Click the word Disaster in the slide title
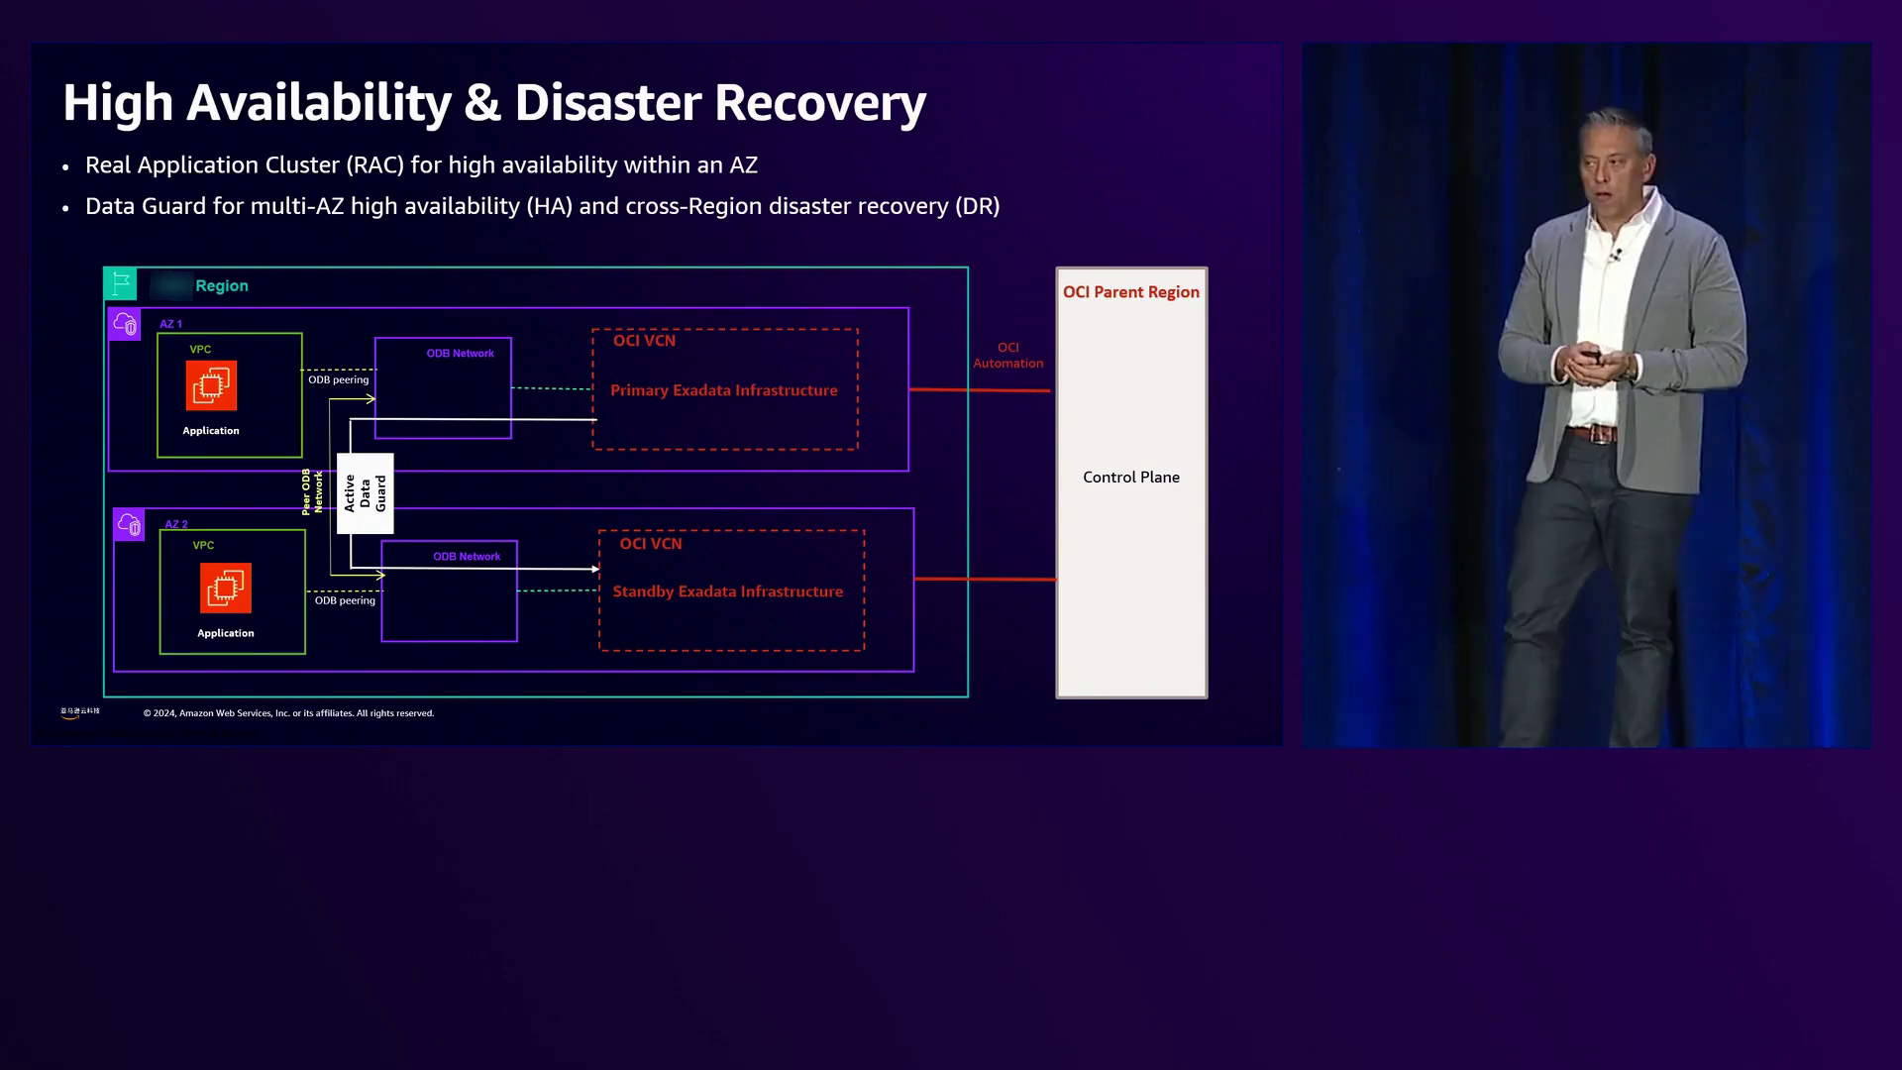tap(607, 102)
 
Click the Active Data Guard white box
tap(365, 493)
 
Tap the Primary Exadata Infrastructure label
tap(724, 390)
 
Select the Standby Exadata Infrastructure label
tap(728, 591)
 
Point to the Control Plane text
tap(1131, 478)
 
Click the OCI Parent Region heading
tap(1131, 292)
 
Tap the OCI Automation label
tap(1008, 356)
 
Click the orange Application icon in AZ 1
tap(211, 385)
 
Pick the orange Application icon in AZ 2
tap(226, 588)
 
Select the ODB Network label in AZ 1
tap(460, 354)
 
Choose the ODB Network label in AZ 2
tap(467, 557)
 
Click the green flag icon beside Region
tap(121, 284)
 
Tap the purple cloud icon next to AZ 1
tap(125, 324)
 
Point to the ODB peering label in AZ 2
tap(345, 600)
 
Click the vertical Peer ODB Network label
tap(312, 492)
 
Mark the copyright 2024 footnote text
tap(288, 713)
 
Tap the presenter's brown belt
tap(1593, 433)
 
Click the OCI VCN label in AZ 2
tap(651, 544)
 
